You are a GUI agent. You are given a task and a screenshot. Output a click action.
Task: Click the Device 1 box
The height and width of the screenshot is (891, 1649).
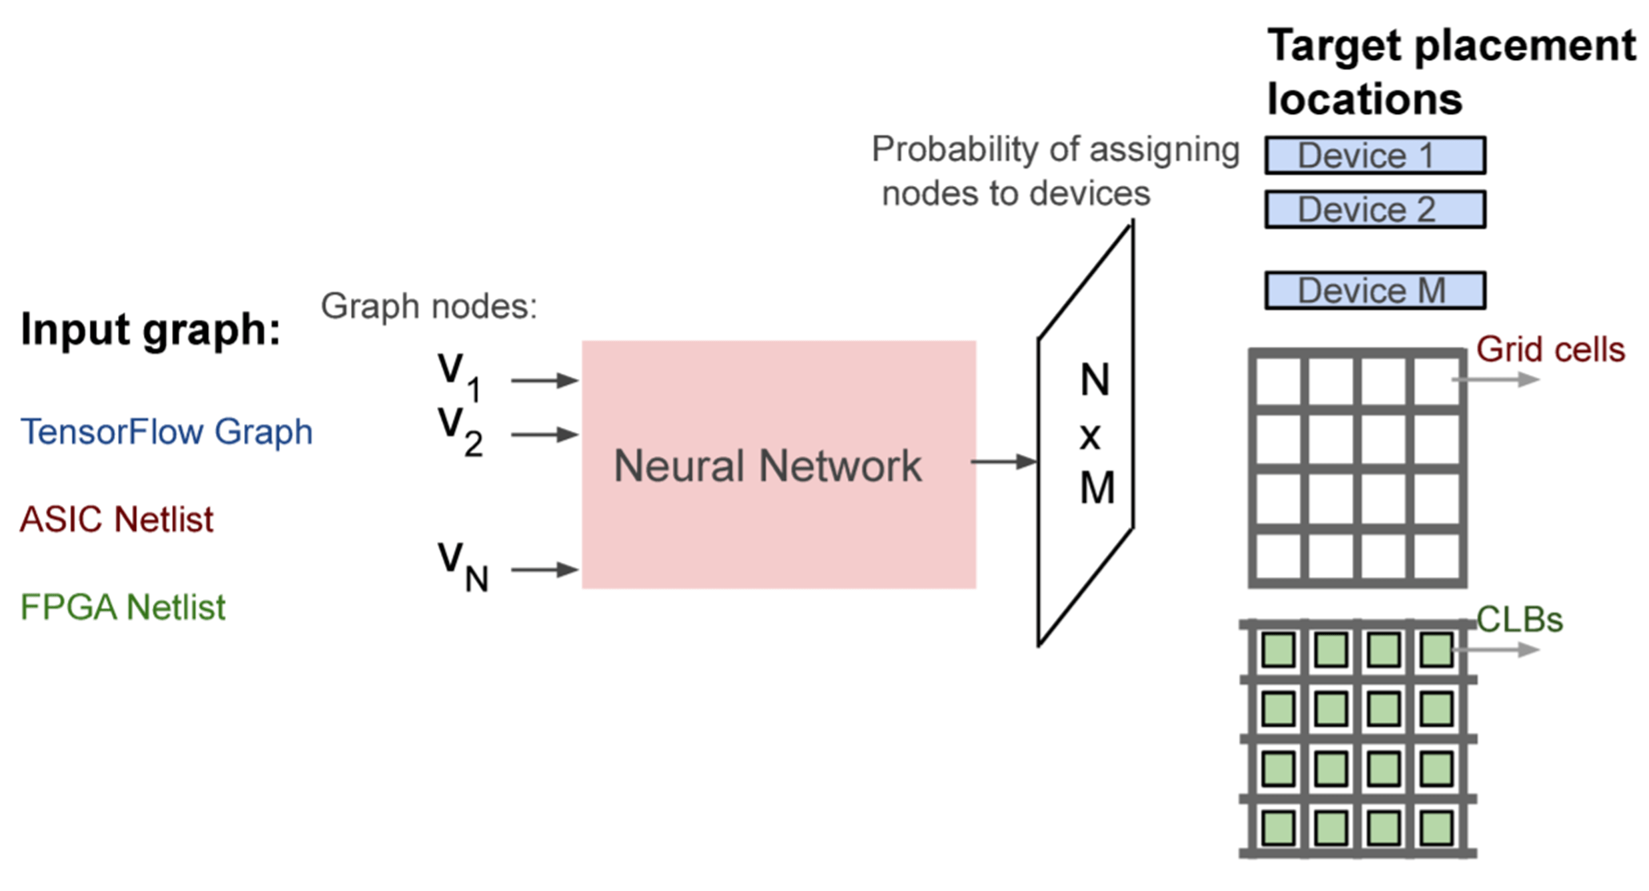(1375, 155)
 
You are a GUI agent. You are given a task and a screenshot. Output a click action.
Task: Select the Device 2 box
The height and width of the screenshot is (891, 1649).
(1375, 209)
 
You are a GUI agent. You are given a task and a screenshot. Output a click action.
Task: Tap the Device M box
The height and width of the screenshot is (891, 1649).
(1375, 290)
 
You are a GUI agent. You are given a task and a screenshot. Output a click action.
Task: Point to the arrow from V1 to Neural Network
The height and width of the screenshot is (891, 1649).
(544, 380)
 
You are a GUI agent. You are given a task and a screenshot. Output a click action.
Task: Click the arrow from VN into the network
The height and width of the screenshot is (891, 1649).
(544, 570)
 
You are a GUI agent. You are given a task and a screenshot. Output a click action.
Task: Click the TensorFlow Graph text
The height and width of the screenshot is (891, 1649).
(166, 431)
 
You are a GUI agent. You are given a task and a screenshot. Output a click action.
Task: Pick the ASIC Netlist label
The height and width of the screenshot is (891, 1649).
(117, 519)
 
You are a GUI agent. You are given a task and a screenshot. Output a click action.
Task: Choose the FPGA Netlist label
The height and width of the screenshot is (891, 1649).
(123, 607)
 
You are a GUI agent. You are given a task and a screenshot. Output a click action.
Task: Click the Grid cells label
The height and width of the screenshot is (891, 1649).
(1550, 349)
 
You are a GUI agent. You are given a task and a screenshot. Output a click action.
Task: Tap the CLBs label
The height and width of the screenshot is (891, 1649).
(1519, 620)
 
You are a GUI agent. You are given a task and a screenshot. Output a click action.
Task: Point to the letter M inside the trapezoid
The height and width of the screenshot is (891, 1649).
(1097, 488)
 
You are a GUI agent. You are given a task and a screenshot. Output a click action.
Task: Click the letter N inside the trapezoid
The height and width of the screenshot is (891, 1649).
(1095, 380)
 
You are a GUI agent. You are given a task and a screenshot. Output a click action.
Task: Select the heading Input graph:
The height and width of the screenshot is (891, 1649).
(150, 329)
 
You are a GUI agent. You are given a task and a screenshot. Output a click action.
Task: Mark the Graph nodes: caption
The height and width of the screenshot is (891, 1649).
(428, 306)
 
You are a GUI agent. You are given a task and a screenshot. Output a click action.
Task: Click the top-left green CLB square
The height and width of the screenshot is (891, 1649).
(1278, 650)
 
